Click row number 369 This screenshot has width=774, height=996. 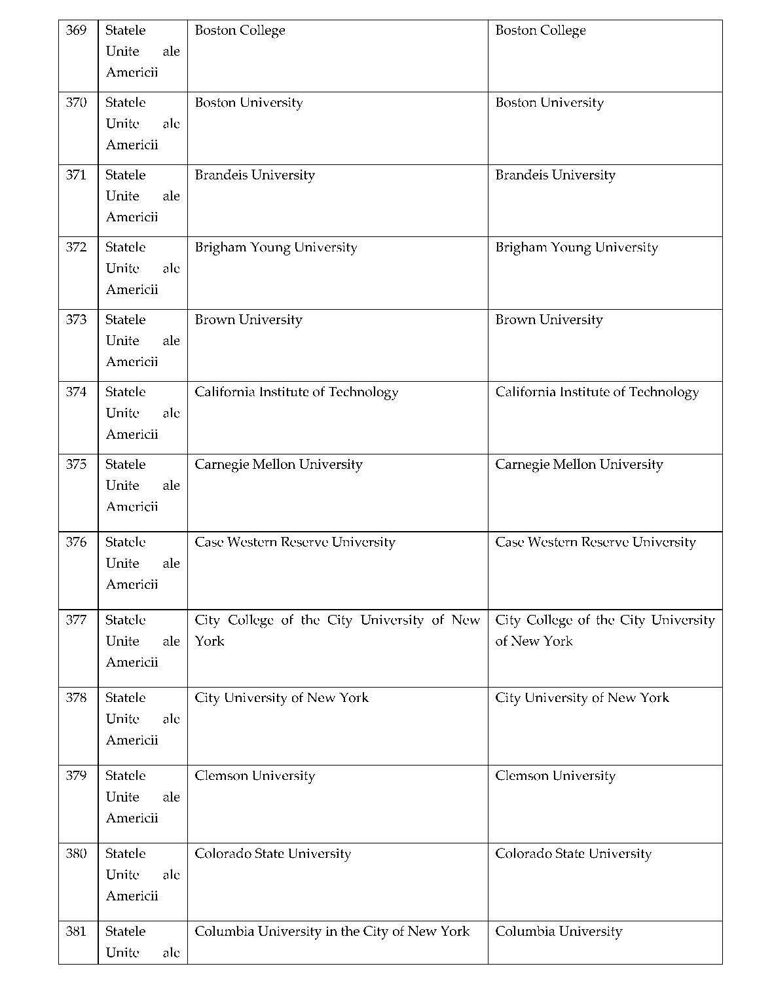(x=76, y=30)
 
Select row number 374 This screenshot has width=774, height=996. (x=76, y=392)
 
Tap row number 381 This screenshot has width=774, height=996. (x=76, y=931)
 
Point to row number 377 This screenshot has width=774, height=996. (x=76, y=619)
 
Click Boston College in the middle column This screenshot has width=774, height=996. (x=240, y=30)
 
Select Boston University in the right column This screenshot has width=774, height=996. (x=549, y=103)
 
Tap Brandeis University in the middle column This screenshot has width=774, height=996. (x=255, y=175)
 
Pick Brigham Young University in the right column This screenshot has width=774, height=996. (x=576, y=248)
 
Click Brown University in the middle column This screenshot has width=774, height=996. (x=248, y=320)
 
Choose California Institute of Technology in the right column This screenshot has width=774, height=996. (x=597, y=392)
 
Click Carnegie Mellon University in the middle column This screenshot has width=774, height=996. (x=278, y=464)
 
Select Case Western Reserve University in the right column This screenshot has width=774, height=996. (x=595, y=542)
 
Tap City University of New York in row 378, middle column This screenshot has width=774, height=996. (x=282, y=697)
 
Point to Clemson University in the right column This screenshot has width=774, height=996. (x=555, y=775)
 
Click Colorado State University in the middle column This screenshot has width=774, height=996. (x=272, y=853)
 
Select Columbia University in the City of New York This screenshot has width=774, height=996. (x=332, y=931)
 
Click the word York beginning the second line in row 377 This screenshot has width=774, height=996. (x=210, y=641)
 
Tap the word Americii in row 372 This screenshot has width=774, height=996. (x=132, y=289)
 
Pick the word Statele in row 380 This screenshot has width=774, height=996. (x=125, y=853)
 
